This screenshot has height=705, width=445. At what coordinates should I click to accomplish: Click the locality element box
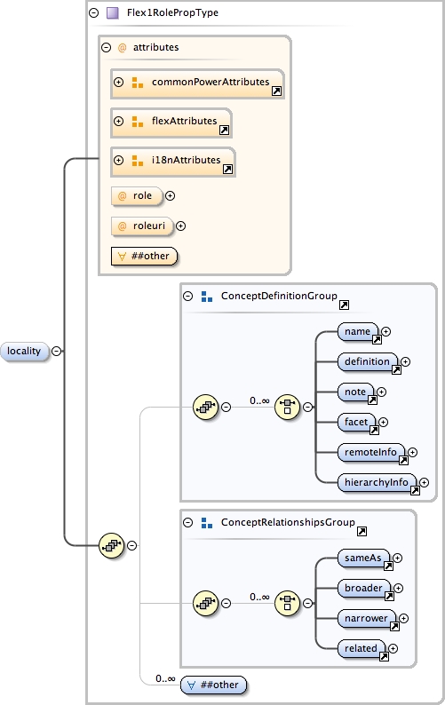click(24, 351)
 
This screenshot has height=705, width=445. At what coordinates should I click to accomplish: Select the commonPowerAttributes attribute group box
click(197, 83)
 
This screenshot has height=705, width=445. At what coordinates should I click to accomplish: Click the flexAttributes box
click(171, 122)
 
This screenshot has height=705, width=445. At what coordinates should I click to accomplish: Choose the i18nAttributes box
click(172, 161)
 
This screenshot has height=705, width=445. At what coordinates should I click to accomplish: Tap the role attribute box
click(136, 195)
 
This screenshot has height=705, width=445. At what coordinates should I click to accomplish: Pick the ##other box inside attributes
click(142, 256)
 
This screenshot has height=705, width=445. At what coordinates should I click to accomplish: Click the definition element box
click(368, 362)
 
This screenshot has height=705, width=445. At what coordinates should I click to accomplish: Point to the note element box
click(355, 392)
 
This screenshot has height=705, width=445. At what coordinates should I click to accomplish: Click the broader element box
click(364, 589)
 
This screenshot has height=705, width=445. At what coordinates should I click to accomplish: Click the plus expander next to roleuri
click(180, 226)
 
